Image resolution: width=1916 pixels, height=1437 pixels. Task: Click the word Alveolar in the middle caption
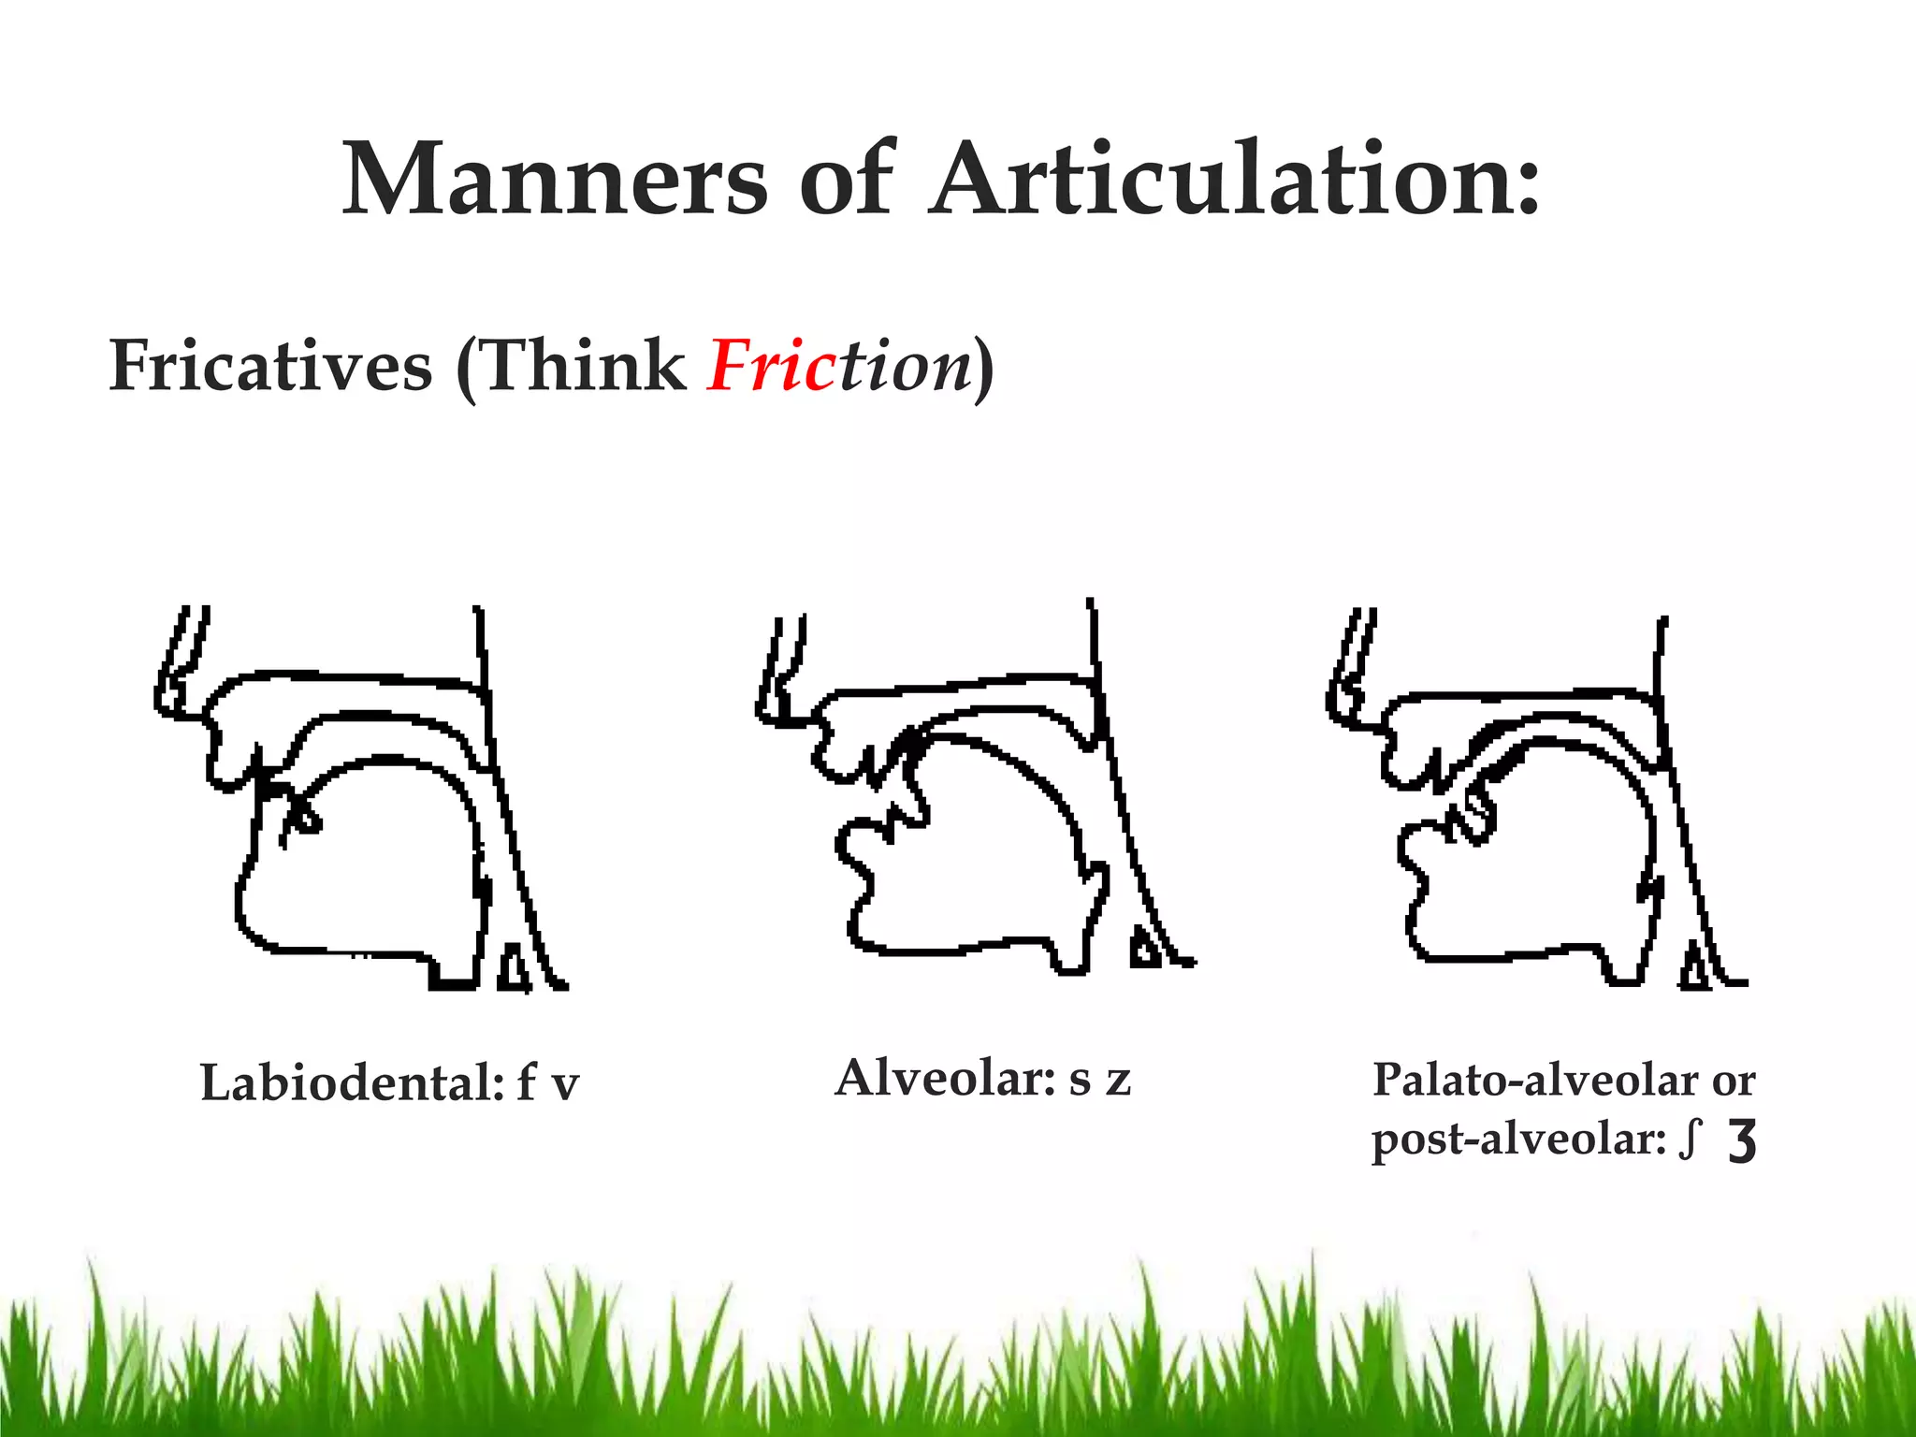[x=945, y=1078]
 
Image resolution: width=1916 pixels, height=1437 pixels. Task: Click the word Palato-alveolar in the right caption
[x=1534, y=1081]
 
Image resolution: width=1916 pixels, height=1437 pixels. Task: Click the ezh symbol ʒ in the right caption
[x=1742, y=1142]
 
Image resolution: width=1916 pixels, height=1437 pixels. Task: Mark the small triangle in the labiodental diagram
[x=513, y=969]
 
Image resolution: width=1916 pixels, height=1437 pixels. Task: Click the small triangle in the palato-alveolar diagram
[x=1693, y=969]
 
